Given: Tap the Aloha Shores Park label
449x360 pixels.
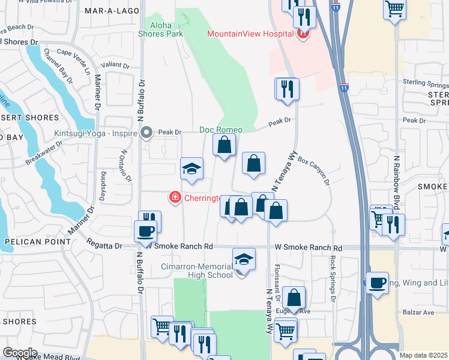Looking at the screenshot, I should coord(166,29).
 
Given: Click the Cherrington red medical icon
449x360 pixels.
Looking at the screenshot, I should coord(175,197).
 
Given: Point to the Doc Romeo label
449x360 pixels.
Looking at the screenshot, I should coord(221,130).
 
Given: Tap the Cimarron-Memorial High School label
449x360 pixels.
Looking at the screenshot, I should coord(196,271).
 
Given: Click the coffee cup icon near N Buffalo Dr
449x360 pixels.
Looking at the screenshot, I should coord(148,230).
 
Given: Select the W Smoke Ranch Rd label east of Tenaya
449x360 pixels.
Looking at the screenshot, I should coord(308,247).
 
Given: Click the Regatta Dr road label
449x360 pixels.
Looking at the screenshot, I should coord(106,246).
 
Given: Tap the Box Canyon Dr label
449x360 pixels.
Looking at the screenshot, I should coord(314,172).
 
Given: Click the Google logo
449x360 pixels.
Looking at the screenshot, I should coord(20,352).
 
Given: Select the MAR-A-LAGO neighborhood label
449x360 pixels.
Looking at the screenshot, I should coord(108,11).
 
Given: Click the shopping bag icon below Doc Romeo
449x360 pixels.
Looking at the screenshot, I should coord(224,145).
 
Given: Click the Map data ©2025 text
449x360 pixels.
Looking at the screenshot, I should coord(423,355).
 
